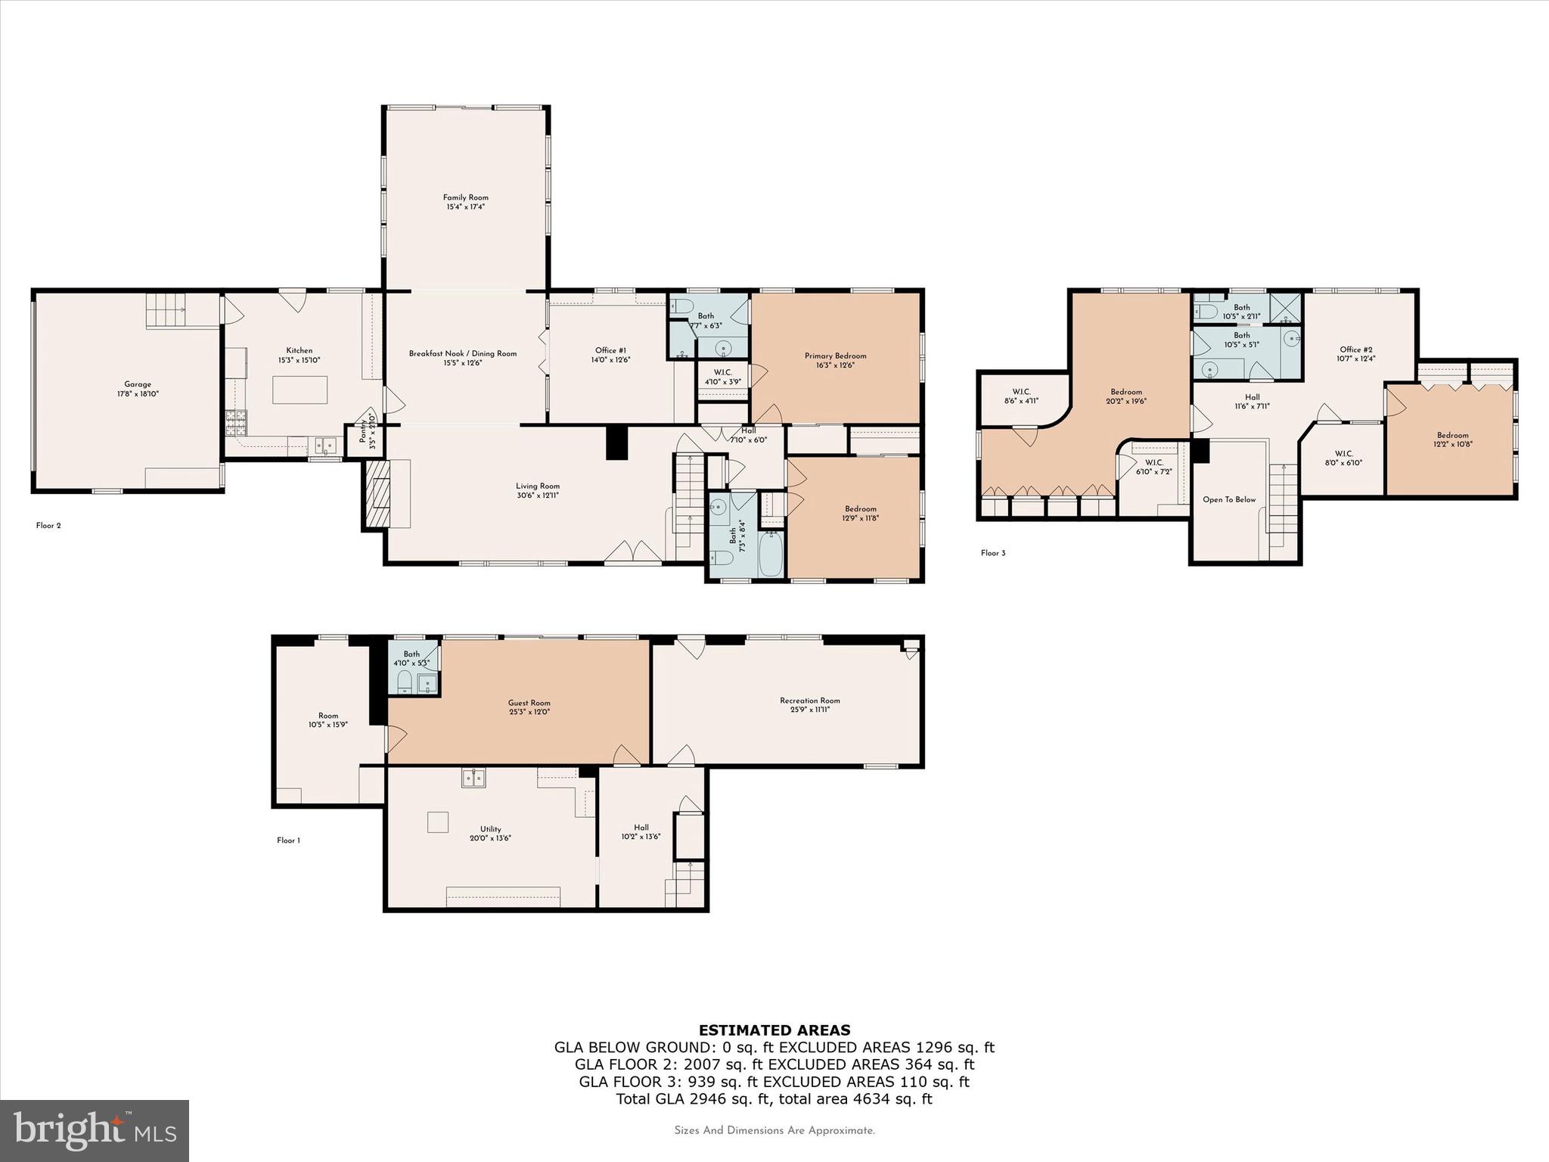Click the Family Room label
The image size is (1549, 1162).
[465, 197]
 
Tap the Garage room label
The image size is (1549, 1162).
[138, 384]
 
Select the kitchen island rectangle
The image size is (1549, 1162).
[300, 390]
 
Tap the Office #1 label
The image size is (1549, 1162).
[610, 350]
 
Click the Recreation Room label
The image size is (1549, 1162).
[809, 701]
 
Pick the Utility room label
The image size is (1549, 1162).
[490, 829]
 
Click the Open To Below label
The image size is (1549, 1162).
[1229, 499]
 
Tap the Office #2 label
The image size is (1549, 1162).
[1355, 350]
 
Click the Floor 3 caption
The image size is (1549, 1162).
[993, 553]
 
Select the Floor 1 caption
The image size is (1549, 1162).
[288, 840]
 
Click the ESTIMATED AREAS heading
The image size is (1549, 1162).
[774, 1030]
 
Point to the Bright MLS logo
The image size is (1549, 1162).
[95, 1130]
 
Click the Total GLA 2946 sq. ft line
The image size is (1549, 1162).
[774, 1098]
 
